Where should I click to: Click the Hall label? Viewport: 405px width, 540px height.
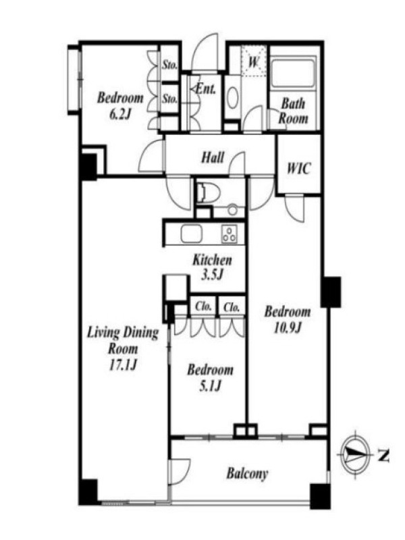213,158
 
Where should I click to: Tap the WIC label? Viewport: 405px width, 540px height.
298,168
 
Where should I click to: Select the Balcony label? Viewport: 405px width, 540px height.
247,474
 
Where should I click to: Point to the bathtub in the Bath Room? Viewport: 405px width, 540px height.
293,74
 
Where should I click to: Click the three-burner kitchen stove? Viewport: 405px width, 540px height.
230,234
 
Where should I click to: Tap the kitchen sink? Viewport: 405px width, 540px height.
192,234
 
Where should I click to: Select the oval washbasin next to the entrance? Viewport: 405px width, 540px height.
233,98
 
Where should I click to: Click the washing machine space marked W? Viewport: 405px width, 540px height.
254,61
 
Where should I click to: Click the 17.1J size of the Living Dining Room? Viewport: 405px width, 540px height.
124,364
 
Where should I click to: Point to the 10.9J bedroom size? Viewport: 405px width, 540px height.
288,327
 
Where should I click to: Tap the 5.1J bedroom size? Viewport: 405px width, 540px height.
210,385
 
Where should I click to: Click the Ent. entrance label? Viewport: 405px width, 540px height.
206,89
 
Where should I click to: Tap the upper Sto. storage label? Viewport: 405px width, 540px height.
170,64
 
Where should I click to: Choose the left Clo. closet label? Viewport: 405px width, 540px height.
204,306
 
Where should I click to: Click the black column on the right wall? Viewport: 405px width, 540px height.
331,292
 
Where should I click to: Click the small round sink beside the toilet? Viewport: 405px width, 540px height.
233,210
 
